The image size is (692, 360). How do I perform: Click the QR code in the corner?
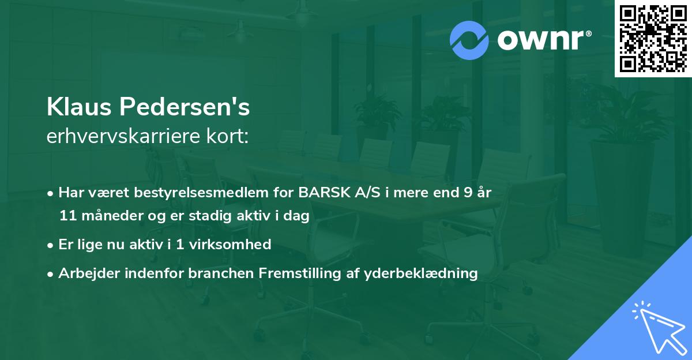[x=653, y=39]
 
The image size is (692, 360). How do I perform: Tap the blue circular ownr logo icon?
[x=469, y=40]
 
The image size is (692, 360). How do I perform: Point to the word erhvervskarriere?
[x=123, y=137]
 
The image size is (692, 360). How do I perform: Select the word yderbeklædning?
[x=420, y=273]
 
